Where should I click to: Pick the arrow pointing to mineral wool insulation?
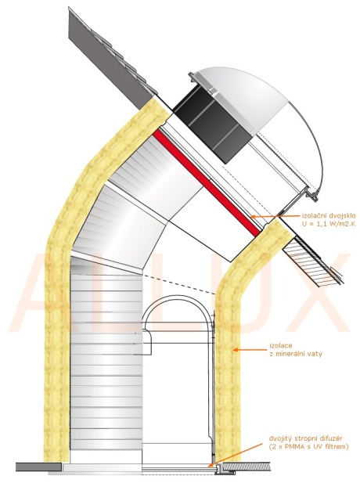(x=249, y=350)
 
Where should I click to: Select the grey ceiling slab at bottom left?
(x=38, y=467)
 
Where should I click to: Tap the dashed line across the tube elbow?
(x=178, y=283)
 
